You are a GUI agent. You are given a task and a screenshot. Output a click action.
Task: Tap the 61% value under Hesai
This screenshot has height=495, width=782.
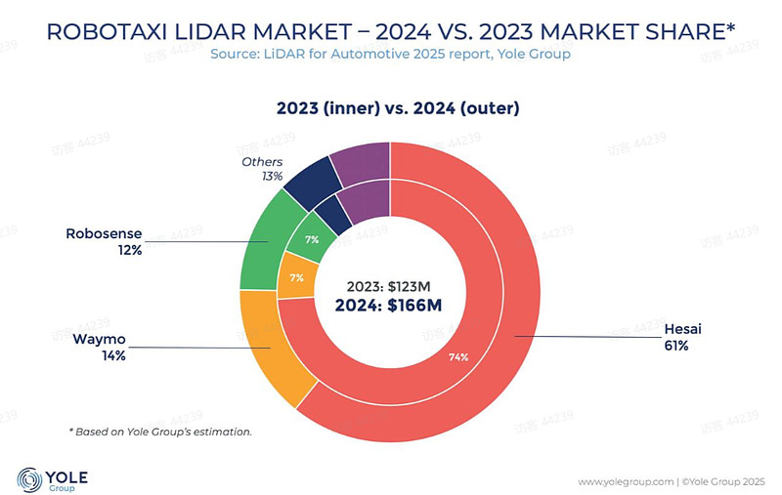678,347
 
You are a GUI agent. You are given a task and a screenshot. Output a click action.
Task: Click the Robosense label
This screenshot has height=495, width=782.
105,234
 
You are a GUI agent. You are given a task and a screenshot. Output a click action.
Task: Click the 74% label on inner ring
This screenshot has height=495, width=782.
458,357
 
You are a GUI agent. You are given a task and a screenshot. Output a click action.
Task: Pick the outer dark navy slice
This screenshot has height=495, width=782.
305,183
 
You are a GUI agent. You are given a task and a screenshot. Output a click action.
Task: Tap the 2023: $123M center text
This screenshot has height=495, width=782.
388,286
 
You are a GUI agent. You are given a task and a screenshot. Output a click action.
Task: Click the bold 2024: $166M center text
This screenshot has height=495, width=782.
388,306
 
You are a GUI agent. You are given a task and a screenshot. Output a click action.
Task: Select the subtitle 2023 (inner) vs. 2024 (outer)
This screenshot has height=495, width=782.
390,108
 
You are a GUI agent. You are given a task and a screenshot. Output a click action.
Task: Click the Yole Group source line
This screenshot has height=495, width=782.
390,55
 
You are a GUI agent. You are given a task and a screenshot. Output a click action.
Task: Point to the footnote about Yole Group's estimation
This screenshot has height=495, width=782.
160,431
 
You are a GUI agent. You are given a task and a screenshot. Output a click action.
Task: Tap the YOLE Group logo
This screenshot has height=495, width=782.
53,478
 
